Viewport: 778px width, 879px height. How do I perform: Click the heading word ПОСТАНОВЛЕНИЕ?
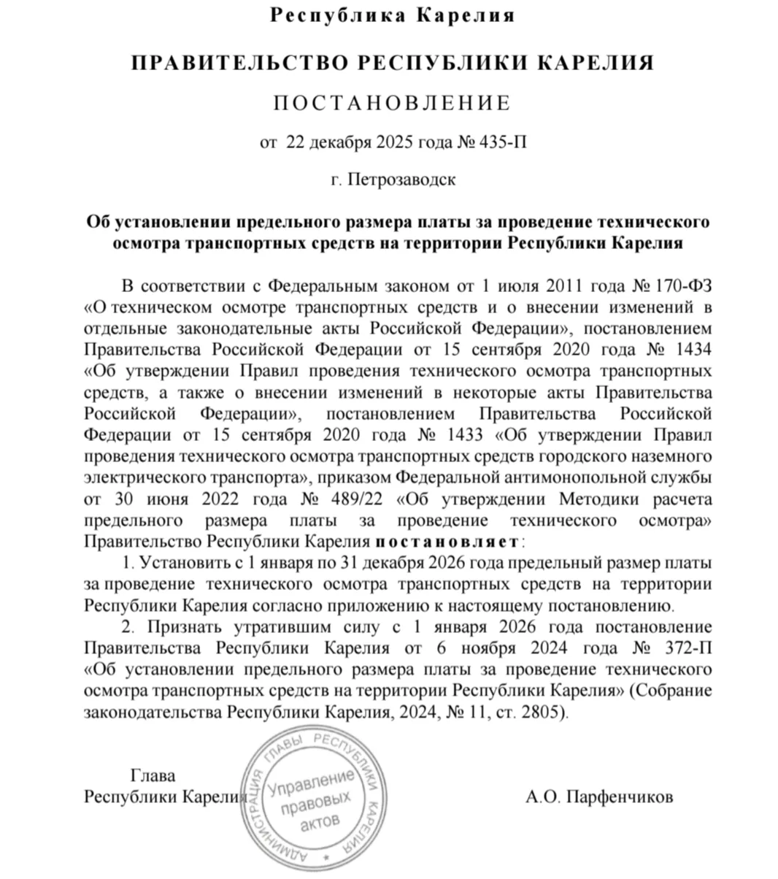pyautogui.click(x=392, y=103)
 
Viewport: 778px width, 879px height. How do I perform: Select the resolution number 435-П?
pyautogui.click(x=501, y=142)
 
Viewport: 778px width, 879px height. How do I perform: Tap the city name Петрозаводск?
pyautogui.click(x=401, y=179)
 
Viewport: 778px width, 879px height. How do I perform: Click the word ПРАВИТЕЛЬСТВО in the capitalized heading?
pyautogui.click(x=236, y=63)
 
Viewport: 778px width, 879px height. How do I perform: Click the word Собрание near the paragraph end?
pyautogui.click(x=676, y=690)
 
